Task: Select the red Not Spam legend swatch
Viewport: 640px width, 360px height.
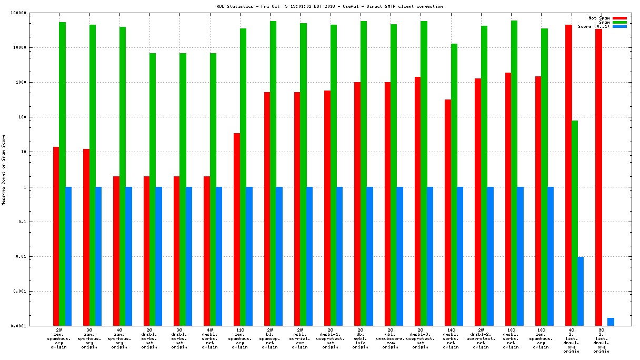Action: click(x=619, y=18)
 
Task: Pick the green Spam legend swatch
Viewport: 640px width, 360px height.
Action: click(x=619, y=22)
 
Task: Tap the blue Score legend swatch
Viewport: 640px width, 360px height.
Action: click(x=619, y=26)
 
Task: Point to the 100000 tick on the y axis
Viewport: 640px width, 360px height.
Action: click(x=34, y=13)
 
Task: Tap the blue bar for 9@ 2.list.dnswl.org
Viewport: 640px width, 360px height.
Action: click(x=611, y=322)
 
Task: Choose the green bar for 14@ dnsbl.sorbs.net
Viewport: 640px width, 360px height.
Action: click(x=454, y=184)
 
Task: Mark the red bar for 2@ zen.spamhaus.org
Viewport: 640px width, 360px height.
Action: click(x=56, y=236)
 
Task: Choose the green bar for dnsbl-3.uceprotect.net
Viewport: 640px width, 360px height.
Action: click(x=424, y=174)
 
